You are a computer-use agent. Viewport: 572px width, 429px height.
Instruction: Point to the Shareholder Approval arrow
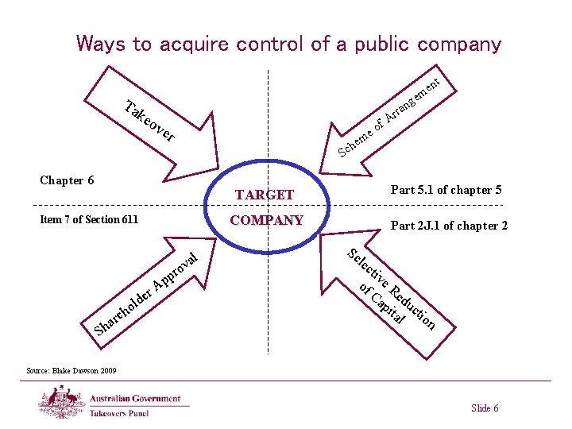(147, 291)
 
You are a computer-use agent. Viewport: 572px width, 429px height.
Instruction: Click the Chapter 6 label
(67, 180)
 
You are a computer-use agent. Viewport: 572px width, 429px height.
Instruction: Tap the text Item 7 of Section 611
(89, 219)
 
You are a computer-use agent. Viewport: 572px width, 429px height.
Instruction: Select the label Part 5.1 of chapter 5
(445, 190)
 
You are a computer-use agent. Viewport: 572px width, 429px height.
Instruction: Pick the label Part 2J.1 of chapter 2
(449, 226)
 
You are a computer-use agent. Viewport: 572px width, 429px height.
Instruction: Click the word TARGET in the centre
(265, 195)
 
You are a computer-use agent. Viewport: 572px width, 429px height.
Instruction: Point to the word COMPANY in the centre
(266, 220)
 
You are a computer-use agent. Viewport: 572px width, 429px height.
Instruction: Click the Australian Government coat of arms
(62, 400)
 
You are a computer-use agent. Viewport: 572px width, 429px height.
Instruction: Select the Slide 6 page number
(485, 408)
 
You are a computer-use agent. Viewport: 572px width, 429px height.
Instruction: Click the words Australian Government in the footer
(135, 399)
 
